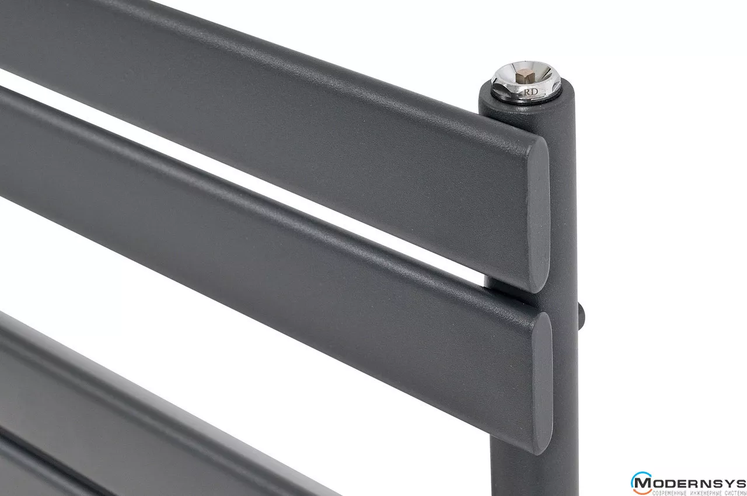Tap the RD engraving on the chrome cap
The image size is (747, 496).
pos(530,92)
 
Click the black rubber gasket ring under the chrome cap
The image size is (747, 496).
pos(527,97)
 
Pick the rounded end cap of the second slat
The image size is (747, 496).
pos(541,383)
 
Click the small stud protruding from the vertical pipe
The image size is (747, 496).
pos(580,315)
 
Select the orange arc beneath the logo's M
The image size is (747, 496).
pos(641,491)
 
